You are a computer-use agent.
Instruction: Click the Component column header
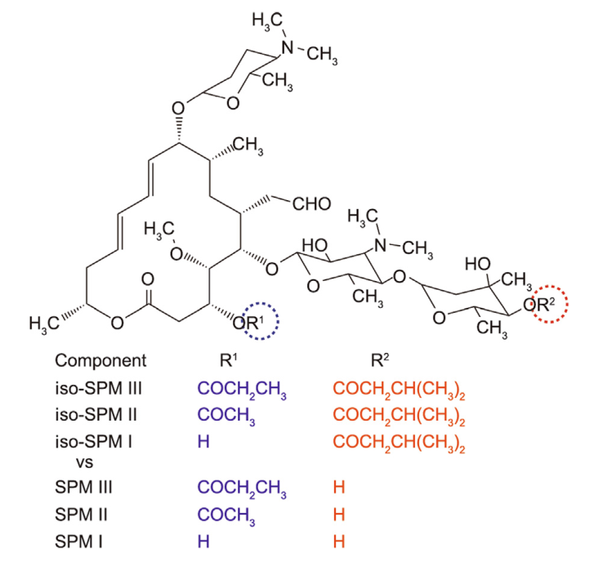point(101,360)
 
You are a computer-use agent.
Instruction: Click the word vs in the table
point(83,462)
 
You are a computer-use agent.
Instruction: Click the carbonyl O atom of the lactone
point(147,280)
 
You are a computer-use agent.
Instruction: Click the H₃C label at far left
point(43,323)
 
